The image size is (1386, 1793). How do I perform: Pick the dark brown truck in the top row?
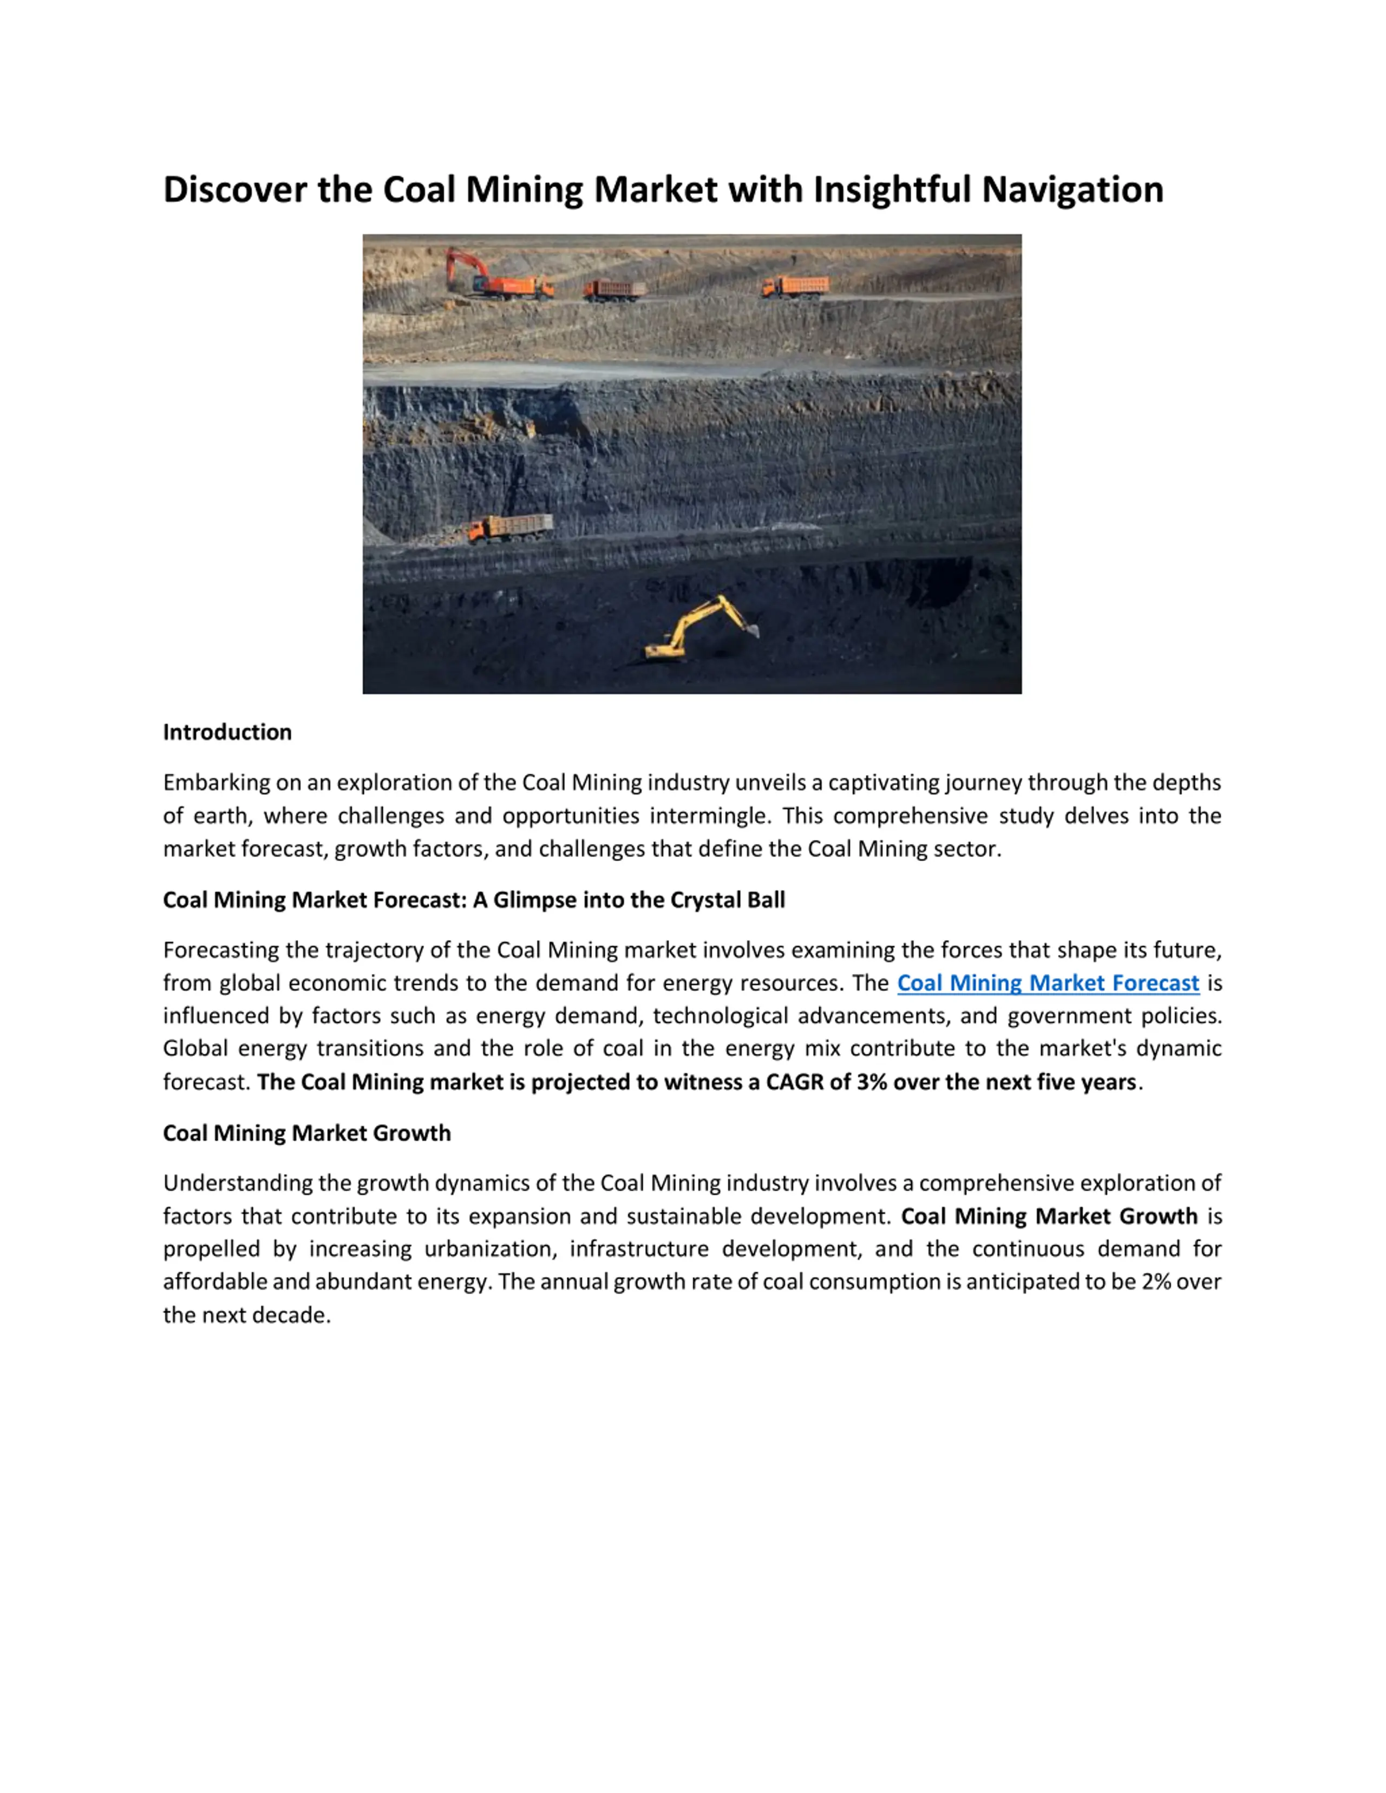614,289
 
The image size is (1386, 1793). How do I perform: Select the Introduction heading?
227,732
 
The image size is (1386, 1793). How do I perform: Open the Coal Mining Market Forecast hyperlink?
1048,983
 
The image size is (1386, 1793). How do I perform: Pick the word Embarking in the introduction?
216,783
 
